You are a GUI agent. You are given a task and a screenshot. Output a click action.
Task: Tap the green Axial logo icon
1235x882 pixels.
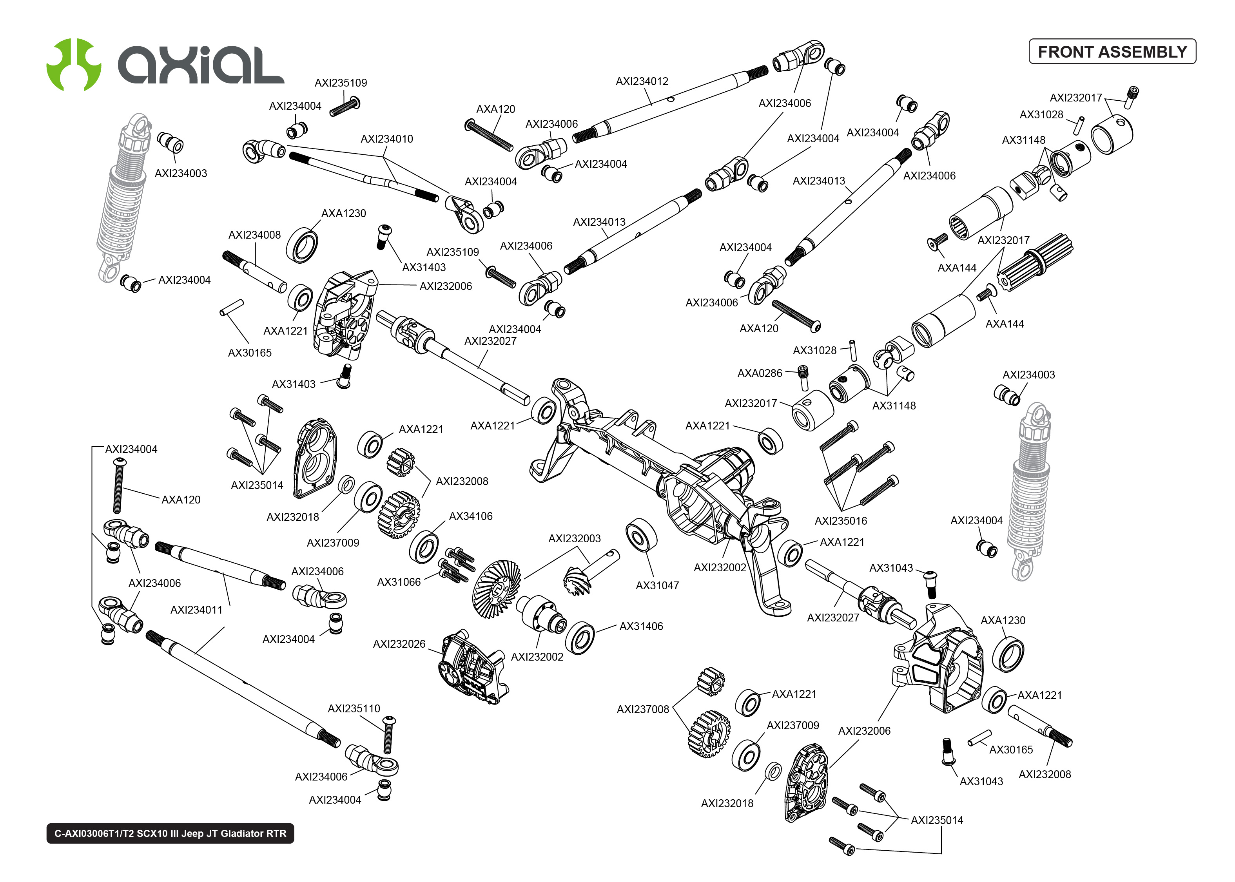click(x=74, y=64)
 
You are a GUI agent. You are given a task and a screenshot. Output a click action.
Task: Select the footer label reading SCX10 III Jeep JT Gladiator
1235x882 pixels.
click(x=170, y=833)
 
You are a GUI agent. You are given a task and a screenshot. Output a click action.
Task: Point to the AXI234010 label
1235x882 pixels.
click(x=387, y=139)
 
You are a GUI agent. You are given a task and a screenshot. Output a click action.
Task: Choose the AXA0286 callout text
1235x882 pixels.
click(x=759, y=373)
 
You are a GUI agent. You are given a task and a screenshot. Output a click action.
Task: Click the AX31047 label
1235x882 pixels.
click(x=657, y=585)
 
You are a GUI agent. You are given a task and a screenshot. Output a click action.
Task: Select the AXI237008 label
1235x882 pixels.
click(x=642, y=709)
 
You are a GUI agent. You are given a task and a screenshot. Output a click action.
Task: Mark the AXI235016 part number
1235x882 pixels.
click(x=841, y=521)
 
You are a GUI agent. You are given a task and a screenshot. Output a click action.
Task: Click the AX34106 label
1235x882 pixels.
click(x=470, y=516)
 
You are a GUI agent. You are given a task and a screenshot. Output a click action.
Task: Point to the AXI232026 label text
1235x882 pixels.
click(x=399, y=644)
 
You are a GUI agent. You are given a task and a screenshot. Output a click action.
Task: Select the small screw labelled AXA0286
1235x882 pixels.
click(x=803, y=376)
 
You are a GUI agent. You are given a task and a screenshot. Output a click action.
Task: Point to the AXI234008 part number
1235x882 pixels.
click(x=254, y=235)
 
